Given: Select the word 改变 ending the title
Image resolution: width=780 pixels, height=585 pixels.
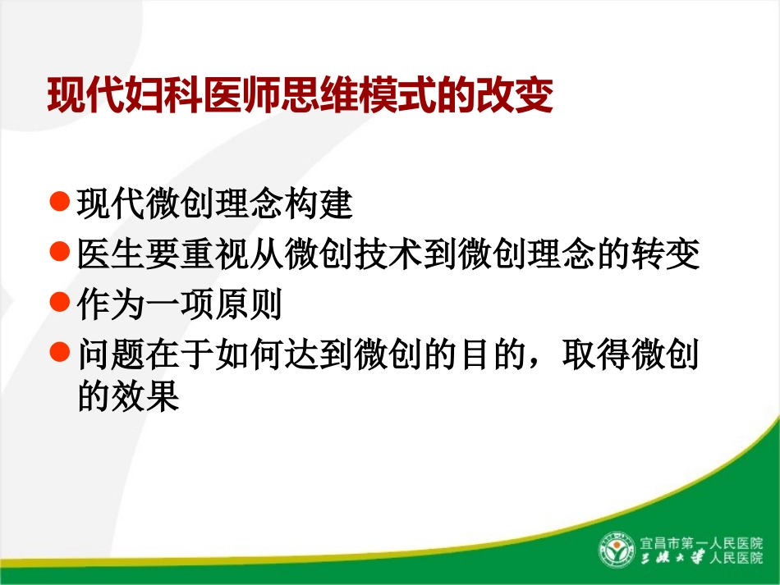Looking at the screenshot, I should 522,96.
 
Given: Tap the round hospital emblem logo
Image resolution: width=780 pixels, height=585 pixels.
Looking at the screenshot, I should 616,550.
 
